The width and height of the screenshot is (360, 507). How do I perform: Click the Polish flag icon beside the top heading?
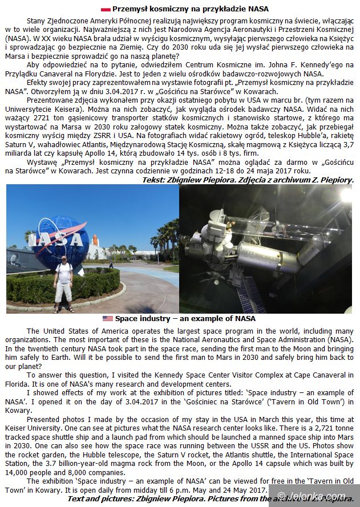pyautogui.click(x=106, y=9)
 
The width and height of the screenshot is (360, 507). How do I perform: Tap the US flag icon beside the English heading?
pyautogui.click(x=108, y=318)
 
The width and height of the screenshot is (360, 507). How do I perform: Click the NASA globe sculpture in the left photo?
pyautogui.click(x=57, y=240)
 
